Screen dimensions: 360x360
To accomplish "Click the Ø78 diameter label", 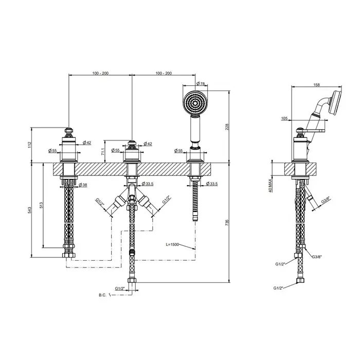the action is click(x=201, y=84).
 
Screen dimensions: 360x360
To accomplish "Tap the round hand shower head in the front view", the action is click(x=195, y=103).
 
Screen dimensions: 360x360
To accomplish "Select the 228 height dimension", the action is click(x=227, y=127).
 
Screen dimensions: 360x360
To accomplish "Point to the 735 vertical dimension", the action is click(x=227, y=222).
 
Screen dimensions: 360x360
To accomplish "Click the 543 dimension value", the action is click(x=29, y=210).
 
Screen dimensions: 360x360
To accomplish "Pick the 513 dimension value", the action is click(x=41, y=205).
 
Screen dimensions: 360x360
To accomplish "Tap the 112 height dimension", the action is click(x=29, y=145).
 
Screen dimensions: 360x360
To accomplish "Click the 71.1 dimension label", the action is click(x=103, y=152).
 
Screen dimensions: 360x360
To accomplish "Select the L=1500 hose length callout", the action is click(x=172, y=244).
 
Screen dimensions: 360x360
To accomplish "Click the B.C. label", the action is click(x=103, y=295).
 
